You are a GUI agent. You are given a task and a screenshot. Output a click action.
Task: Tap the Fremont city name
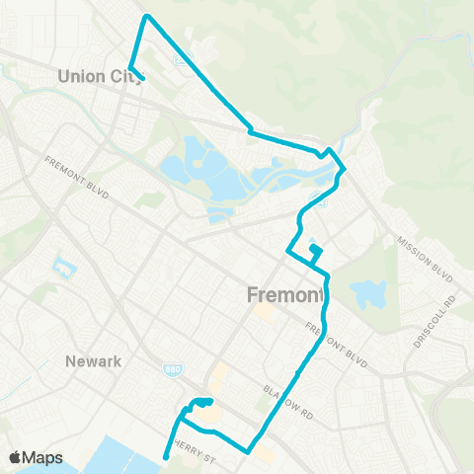[x=284, y=295]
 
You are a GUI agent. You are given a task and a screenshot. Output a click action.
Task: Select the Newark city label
[x=93, y=361]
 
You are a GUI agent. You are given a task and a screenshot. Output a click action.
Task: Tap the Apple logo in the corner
[x=16, y=458]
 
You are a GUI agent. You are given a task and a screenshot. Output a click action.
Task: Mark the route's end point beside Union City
[x=144, y=79]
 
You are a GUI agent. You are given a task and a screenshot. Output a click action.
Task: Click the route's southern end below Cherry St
[x=165, y=456]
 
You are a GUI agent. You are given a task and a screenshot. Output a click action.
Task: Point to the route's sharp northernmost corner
[x=147, y=16]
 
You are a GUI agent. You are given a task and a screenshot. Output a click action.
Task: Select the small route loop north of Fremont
[x=315, y=254]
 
